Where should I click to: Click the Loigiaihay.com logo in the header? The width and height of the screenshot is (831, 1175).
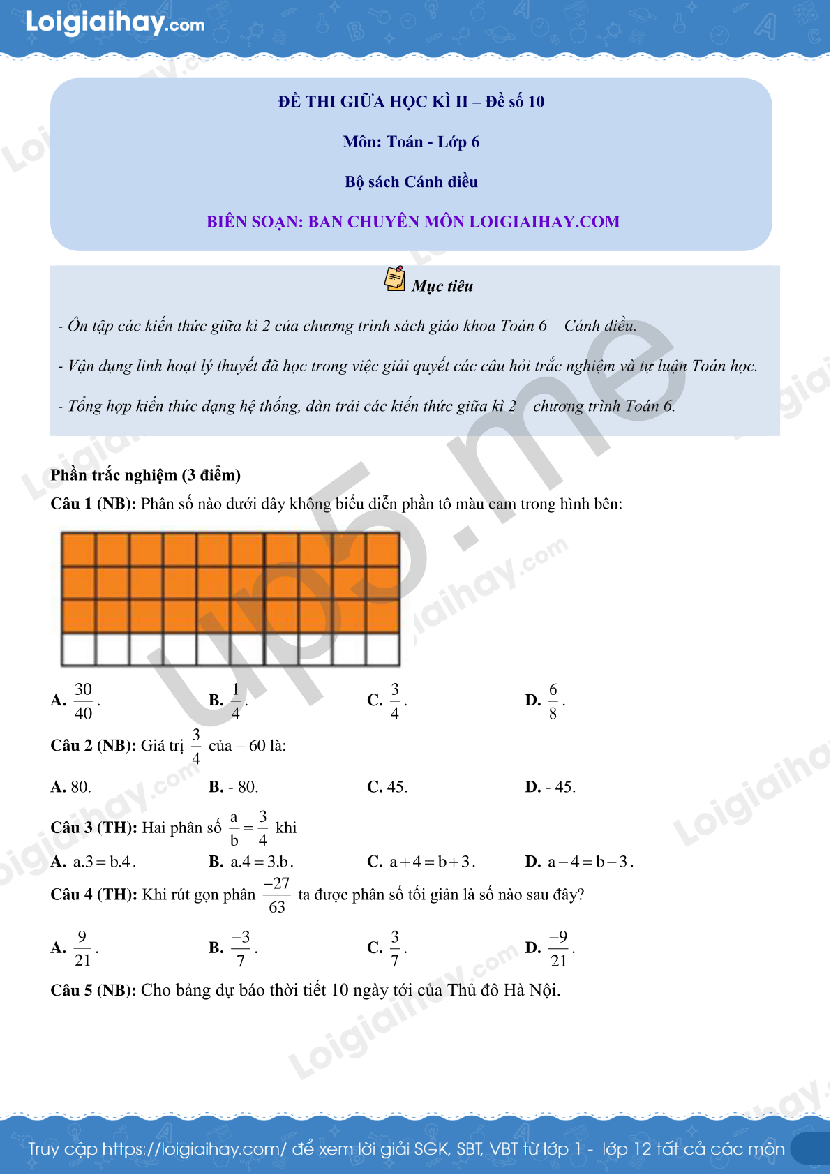click(x=115, y=23)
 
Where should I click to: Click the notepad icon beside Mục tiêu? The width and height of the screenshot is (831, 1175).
click(x=395, y=278)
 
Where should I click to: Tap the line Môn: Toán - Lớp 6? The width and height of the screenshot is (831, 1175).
click(x=411, y=142)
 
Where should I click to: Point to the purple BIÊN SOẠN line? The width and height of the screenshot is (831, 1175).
click(x=413, y=222)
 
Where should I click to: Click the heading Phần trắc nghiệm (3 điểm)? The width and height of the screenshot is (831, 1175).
click(x=146, y=475)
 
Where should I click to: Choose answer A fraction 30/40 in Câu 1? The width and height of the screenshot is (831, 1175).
click(x=83, y=701)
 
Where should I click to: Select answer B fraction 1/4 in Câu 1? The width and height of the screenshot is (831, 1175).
click(x=235, y=701)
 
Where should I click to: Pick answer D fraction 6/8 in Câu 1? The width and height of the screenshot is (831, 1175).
click(x=553, y=701)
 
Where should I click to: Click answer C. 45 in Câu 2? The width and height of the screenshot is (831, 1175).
click(x=388, y=787)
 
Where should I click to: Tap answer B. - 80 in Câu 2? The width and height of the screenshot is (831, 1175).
click(x=234, y=787)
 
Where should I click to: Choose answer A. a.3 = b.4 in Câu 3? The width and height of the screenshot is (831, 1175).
click(x=93, y=862)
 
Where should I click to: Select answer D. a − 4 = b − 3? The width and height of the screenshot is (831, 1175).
click(x=579, y=862)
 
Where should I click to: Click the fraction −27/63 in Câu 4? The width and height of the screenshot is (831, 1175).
click(x=277, y=895)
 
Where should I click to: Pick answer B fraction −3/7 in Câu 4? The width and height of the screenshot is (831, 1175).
click(x=241, y=948)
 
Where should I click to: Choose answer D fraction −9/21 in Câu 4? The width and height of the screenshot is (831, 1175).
click(x=558, y=948)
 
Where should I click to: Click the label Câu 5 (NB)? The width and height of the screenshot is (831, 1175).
click(x=93, y=991)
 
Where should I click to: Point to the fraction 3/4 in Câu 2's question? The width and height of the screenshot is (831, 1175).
click(x=196, y=746)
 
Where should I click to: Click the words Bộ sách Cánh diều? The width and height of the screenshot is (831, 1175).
click(x=411, y=182)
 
